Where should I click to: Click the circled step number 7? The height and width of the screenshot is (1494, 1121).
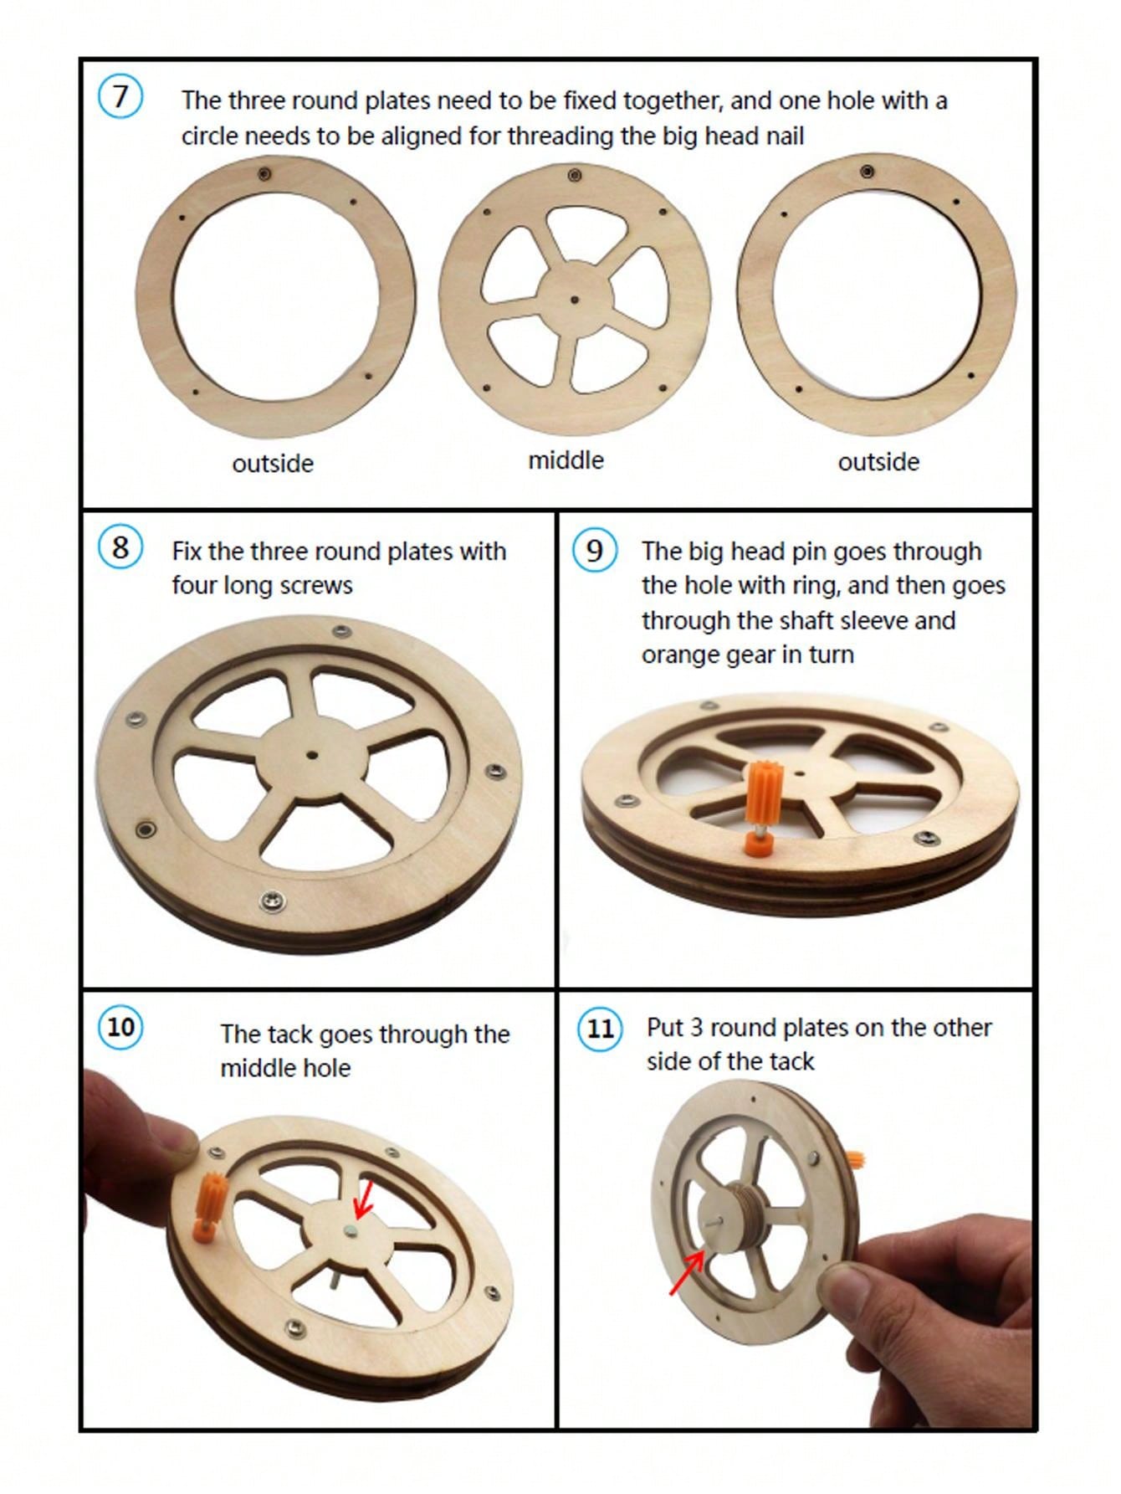coord(120,96)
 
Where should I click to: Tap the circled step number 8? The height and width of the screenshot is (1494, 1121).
coord(120,548)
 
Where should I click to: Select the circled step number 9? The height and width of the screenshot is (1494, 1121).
coord(594,551)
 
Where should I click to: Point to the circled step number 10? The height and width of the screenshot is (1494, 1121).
coord(121,1027)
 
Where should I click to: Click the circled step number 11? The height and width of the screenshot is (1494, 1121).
coord(600,1029)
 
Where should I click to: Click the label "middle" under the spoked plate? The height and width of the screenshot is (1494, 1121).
coord(566,459)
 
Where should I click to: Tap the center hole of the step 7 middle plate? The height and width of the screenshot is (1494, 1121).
coord(574,298)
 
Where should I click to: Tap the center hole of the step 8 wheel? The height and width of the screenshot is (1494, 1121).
coord(311,754)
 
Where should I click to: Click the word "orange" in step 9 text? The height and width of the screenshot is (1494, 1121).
coord(678,655)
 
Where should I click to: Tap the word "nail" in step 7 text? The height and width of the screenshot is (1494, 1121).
coord(783,136)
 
